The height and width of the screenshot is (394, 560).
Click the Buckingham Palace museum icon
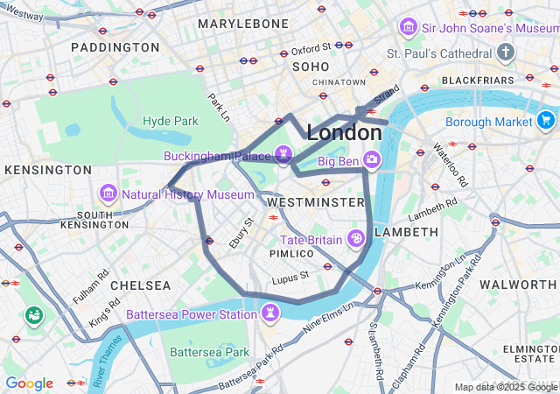pos(282,154)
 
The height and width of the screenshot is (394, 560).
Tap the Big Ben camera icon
pos(372,159)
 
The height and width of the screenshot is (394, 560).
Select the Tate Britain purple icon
pos(356,238)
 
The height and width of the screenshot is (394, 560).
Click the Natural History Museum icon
pos(108,193)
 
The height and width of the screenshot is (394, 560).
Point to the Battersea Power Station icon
pos(272,313)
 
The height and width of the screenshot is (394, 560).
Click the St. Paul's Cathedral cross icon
pos(506,53)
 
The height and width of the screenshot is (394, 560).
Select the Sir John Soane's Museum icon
pos(408,28)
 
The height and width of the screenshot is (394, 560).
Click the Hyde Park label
pos(171,120)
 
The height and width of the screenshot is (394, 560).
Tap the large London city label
pos(344,133)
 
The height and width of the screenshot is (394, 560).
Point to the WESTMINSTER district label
pos(314,201)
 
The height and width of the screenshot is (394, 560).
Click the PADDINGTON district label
pos(115,46)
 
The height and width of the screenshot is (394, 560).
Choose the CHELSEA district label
pos(141,285)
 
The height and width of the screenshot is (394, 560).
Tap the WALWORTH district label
pos(518,285)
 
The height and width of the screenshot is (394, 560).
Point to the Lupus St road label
pos(290,277)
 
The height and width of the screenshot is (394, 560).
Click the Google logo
pos(29,383)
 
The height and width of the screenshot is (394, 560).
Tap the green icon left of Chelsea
pos(34,314)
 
